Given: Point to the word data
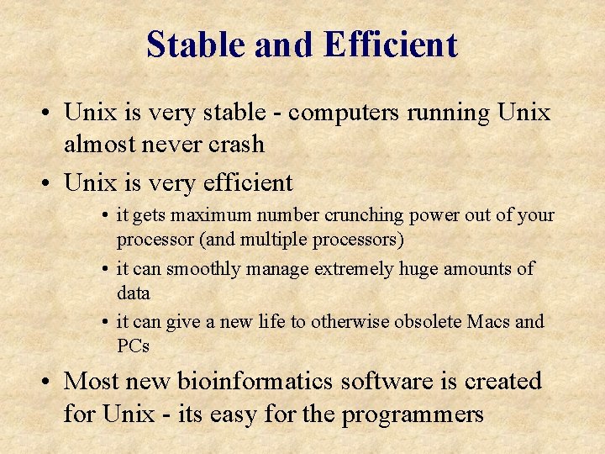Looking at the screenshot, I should (134, 293).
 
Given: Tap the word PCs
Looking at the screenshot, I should (134, 346).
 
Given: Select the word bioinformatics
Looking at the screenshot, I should (256, 382).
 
